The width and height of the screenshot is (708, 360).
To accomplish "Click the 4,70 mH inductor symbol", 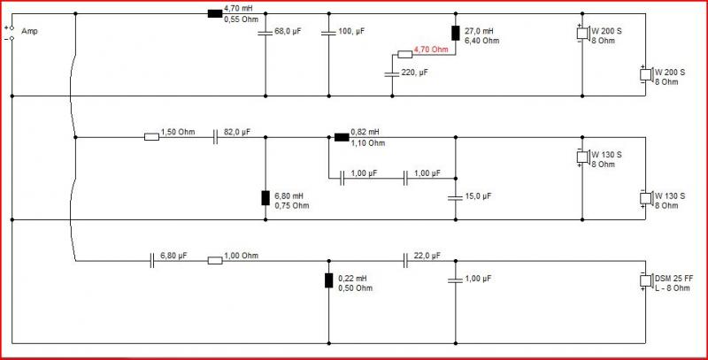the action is (215, 13).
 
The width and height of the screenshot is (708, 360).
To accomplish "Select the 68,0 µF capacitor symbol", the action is (265, 33).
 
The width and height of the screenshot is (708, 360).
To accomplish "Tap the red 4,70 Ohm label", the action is (431, 50).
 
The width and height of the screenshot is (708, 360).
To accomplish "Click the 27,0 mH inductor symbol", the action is (455, 34).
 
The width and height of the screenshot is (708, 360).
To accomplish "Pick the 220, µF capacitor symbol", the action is (392, 73).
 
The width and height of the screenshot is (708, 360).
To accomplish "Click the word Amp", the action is (30, 31).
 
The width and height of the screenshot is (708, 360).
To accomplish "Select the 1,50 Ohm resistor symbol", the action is (151, 137).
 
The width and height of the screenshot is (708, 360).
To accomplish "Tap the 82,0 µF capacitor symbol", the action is (215, 137).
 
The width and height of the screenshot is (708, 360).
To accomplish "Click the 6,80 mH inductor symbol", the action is (265, 198).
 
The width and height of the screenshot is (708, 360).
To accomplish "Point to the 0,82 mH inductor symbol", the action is (342, 137).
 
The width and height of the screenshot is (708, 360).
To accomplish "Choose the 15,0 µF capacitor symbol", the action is (455, 197).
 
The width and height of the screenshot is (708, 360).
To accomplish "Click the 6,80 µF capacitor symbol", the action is (152, 261).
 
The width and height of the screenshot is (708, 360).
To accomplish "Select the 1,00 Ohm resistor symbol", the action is (215, 261).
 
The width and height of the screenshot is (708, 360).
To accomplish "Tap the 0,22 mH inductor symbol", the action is (328, 280).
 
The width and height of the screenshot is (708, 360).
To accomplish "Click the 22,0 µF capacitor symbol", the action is (405, 261).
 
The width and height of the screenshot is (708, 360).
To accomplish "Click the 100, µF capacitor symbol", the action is (328, 33).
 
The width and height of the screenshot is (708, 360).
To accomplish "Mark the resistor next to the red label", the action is (405, 55).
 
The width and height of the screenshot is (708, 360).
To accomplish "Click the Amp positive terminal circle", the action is (12, 28).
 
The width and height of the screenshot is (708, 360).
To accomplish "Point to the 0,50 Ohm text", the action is (356, 287).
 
